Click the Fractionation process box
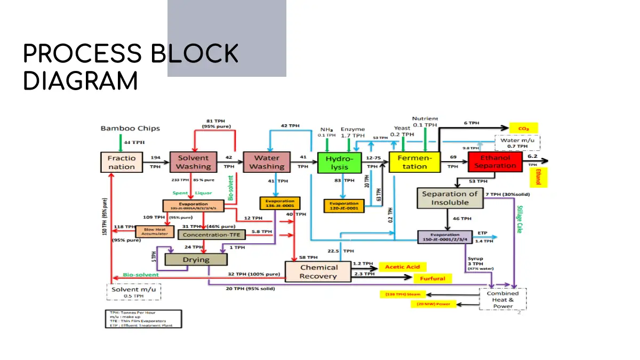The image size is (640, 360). click(122, 162)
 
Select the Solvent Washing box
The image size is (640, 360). click(194, 162)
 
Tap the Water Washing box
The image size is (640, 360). click(266, 162)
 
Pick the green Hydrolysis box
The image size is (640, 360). click(339, 163)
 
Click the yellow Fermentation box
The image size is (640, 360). click(414, 162)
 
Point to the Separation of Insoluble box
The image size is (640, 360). click(450, 198)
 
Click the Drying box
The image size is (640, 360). click(196, 260)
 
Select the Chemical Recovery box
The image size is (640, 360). click(318, 271)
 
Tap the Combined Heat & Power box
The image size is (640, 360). click(503, 299)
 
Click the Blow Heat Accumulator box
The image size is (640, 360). click(155, 231)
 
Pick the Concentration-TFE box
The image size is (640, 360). click(212, 234)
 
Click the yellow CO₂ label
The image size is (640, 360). click(523, 128)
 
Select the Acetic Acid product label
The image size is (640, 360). click(403, 267)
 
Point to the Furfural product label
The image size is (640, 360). click(433, 278)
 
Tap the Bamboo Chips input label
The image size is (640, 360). click(130, 129)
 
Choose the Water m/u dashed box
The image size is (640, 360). click(517, 143)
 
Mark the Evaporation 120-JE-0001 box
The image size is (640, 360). click(344, 205)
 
